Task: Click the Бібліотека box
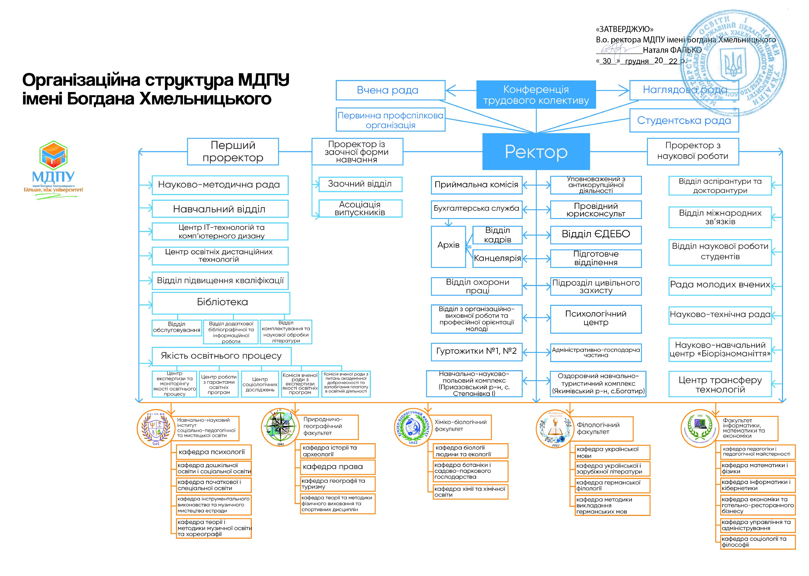coord(221,302)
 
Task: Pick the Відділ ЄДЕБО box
coord(596,234)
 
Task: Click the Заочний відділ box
coord(360,184)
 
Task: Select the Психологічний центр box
coord(596,319)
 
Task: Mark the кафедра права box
coord(337,467)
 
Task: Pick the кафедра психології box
coord(213,452)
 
